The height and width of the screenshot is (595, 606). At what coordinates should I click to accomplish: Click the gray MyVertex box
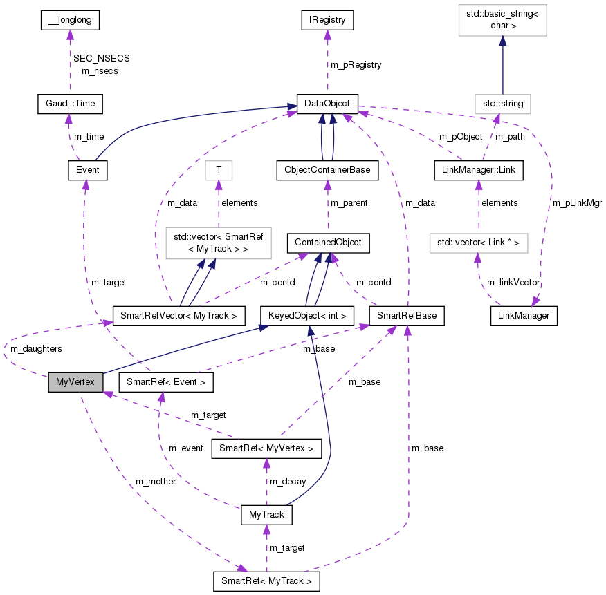[75, 381]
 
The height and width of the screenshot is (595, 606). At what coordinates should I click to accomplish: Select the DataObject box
[327, 104]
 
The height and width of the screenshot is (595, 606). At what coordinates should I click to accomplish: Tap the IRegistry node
[327, 20]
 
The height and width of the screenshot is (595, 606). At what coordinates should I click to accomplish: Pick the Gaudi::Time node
[69, 104]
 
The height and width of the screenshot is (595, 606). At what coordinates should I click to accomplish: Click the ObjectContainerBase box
[327, 170]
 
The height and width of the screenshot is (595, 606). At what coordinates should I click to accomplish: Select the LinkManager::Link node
[478, 170]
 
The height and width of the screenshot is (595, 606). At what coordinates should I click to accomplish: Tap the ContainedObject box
[327, 243]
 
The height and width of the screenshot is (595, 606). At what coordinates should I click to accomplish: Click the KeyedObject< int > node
[306, 316]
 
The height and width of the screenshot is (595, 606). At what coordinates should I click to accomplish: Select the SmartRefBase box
[406, 316]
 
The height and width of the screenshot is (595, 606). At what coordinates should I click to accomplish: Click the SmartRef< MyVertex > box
[266, 448]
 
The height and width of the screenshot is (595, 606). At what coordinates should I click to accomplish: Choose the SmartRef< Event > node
[166, 381]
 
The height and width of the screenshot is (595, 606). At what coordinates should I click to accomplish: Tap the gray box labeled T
[219, 170]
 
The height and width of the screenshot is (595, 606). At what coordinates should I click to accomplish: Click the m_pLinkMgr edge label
[577, 203]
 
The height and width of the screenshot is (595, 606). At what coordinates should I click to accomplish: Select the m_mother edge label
[155, 481]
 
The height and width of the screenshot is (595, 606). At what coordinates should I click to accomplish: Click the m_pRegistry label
[355, 64]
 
